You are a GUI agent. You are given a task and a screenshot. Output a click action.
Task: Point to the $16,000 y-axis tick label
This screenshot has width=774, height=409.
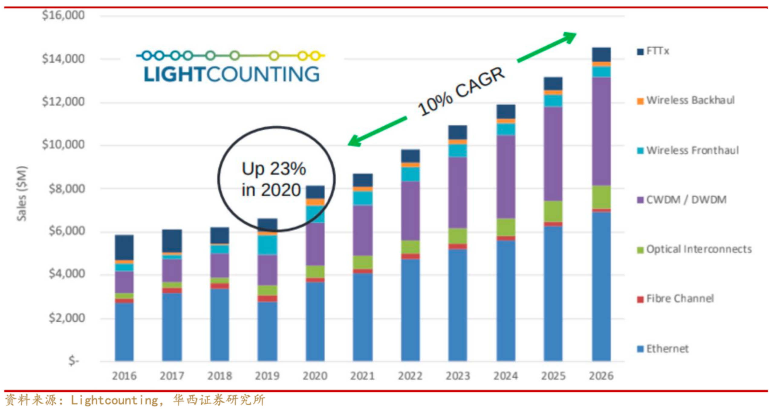pos(63,15)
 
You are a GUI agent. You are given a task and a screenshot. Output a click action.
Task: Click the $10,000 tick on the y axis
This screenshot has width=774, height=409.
pos(63,145)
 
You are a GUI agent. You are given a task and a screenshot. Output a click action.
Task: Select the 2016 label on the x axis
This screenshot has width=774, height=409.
pos(124,376)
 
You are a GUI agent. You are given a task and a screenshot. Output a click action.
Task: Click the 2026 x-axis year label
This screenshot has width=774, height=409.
pos(601,376)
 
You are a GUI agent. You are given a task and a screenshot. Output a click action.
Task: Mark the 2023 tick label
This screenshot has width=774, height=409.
pos(458,376)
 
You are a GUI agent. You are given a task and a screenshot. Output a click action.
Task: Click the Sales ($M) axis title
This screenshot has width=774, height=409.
pos(22,193)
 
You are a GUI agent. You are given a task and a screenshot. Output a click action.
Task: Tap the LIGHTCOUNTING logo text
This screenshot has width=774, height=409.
pos(231,74)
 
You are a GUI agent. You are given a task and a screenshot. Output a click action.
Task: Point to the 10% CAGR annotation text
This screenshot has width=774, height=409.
pos(461,91)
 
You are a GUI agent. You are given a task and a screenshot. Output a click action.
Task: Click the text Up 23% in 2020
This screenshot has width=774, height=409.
pos(274,179)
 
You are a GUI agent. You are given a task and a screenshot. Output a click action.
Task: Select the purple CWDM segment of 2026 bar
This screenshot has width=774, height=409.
pos(601,131)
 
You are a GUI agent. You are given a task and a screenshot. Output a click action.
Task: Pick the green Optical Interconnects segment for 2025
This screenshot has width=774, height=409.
pos(553,211)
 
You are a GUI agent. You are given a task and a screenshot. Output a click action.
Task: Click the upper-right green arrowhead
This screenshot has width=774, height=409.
pos(570,37)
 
